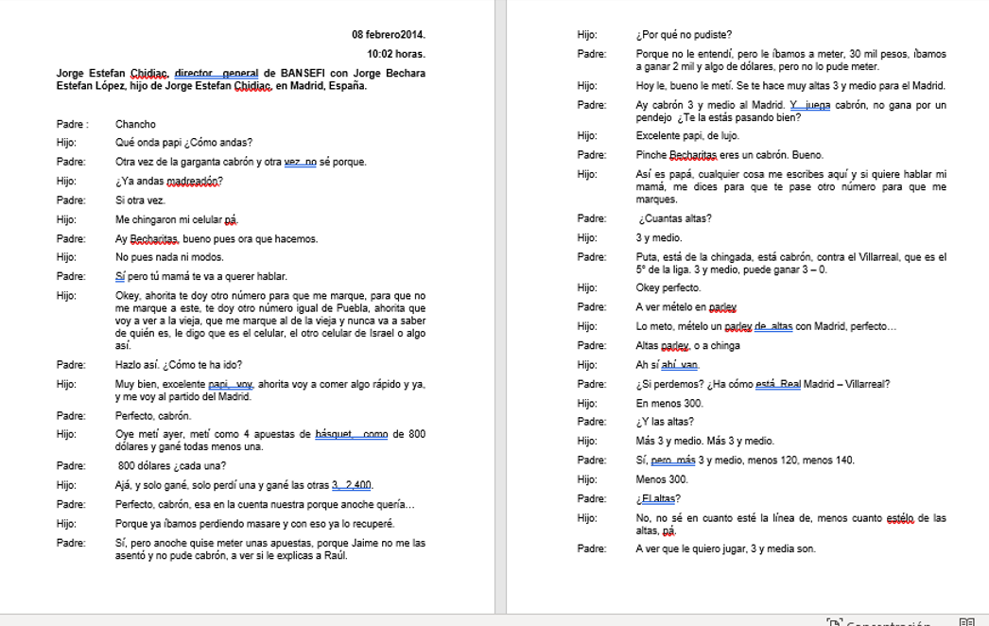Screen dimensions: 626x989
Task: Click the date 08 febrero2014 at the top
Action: pyautogui.click(x=388, y=35)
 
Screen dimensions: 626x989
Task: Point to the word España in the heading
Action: pyautogui.click(x=348, y=86)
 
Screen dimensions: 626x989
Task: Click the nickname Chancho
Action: pyautogui.click(x=135, y=124)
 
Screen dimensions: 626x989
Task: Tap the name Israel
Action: pyautogui.click(x=372, y=334)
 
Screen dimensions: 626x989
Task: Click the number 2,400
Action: pyautogui.click(x=358, y=485)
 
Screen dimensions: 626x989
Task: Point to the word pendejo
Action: pyautogui.click(x=651, y=117)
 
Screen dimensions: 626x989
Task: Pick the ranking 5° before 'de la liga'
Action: pyautogui.click(x=641, y=270)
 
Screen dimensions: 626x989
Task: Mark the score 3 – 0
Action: pyautogui.click(x=813, y=270)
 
